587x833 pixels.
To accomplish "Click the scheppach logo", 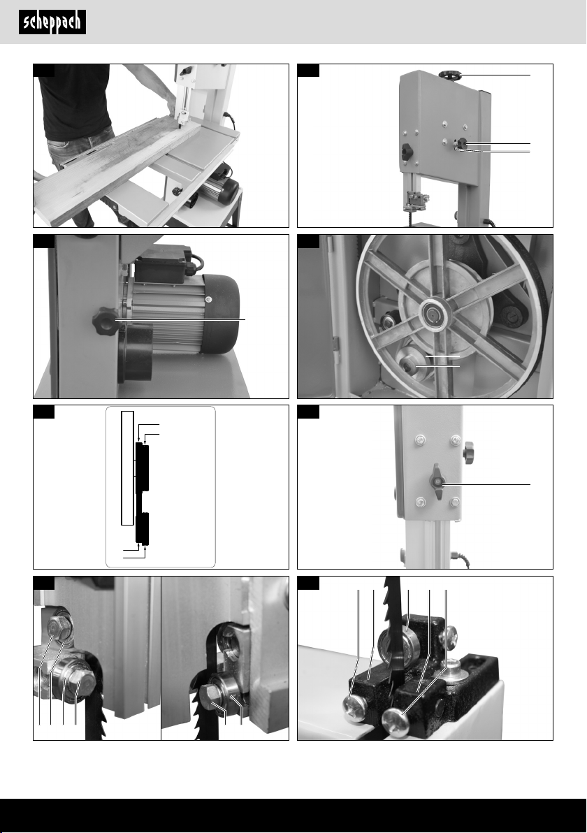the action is pyautogui.click(x=52, y=22).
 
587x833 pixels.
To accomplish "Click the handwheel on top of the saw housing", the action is pyautogui.click(x=451, y=76).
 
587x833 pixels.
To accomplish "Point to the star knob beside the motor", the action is pyautogui.click(x=106, y=320).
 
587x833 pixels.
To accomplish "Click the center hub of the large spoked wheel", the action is pyautogui.click(x=433, y=316).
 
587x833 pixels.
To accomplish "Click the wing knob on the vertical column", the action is pyautogui.click(x=437, y=481).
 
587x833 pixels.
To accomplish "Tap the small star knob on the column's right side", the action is pyautogui.click(x=468, y=452).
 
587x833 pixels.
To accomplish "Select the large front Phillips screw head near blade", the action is pyautogui.click(x=396, y=721).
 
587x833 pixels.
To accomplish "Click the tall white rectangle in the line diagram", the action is pyautogui.click(x=127, y=468).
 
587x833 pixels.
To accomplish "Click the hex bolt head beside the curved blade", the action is pyautogui.click(x=213, y=693).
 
